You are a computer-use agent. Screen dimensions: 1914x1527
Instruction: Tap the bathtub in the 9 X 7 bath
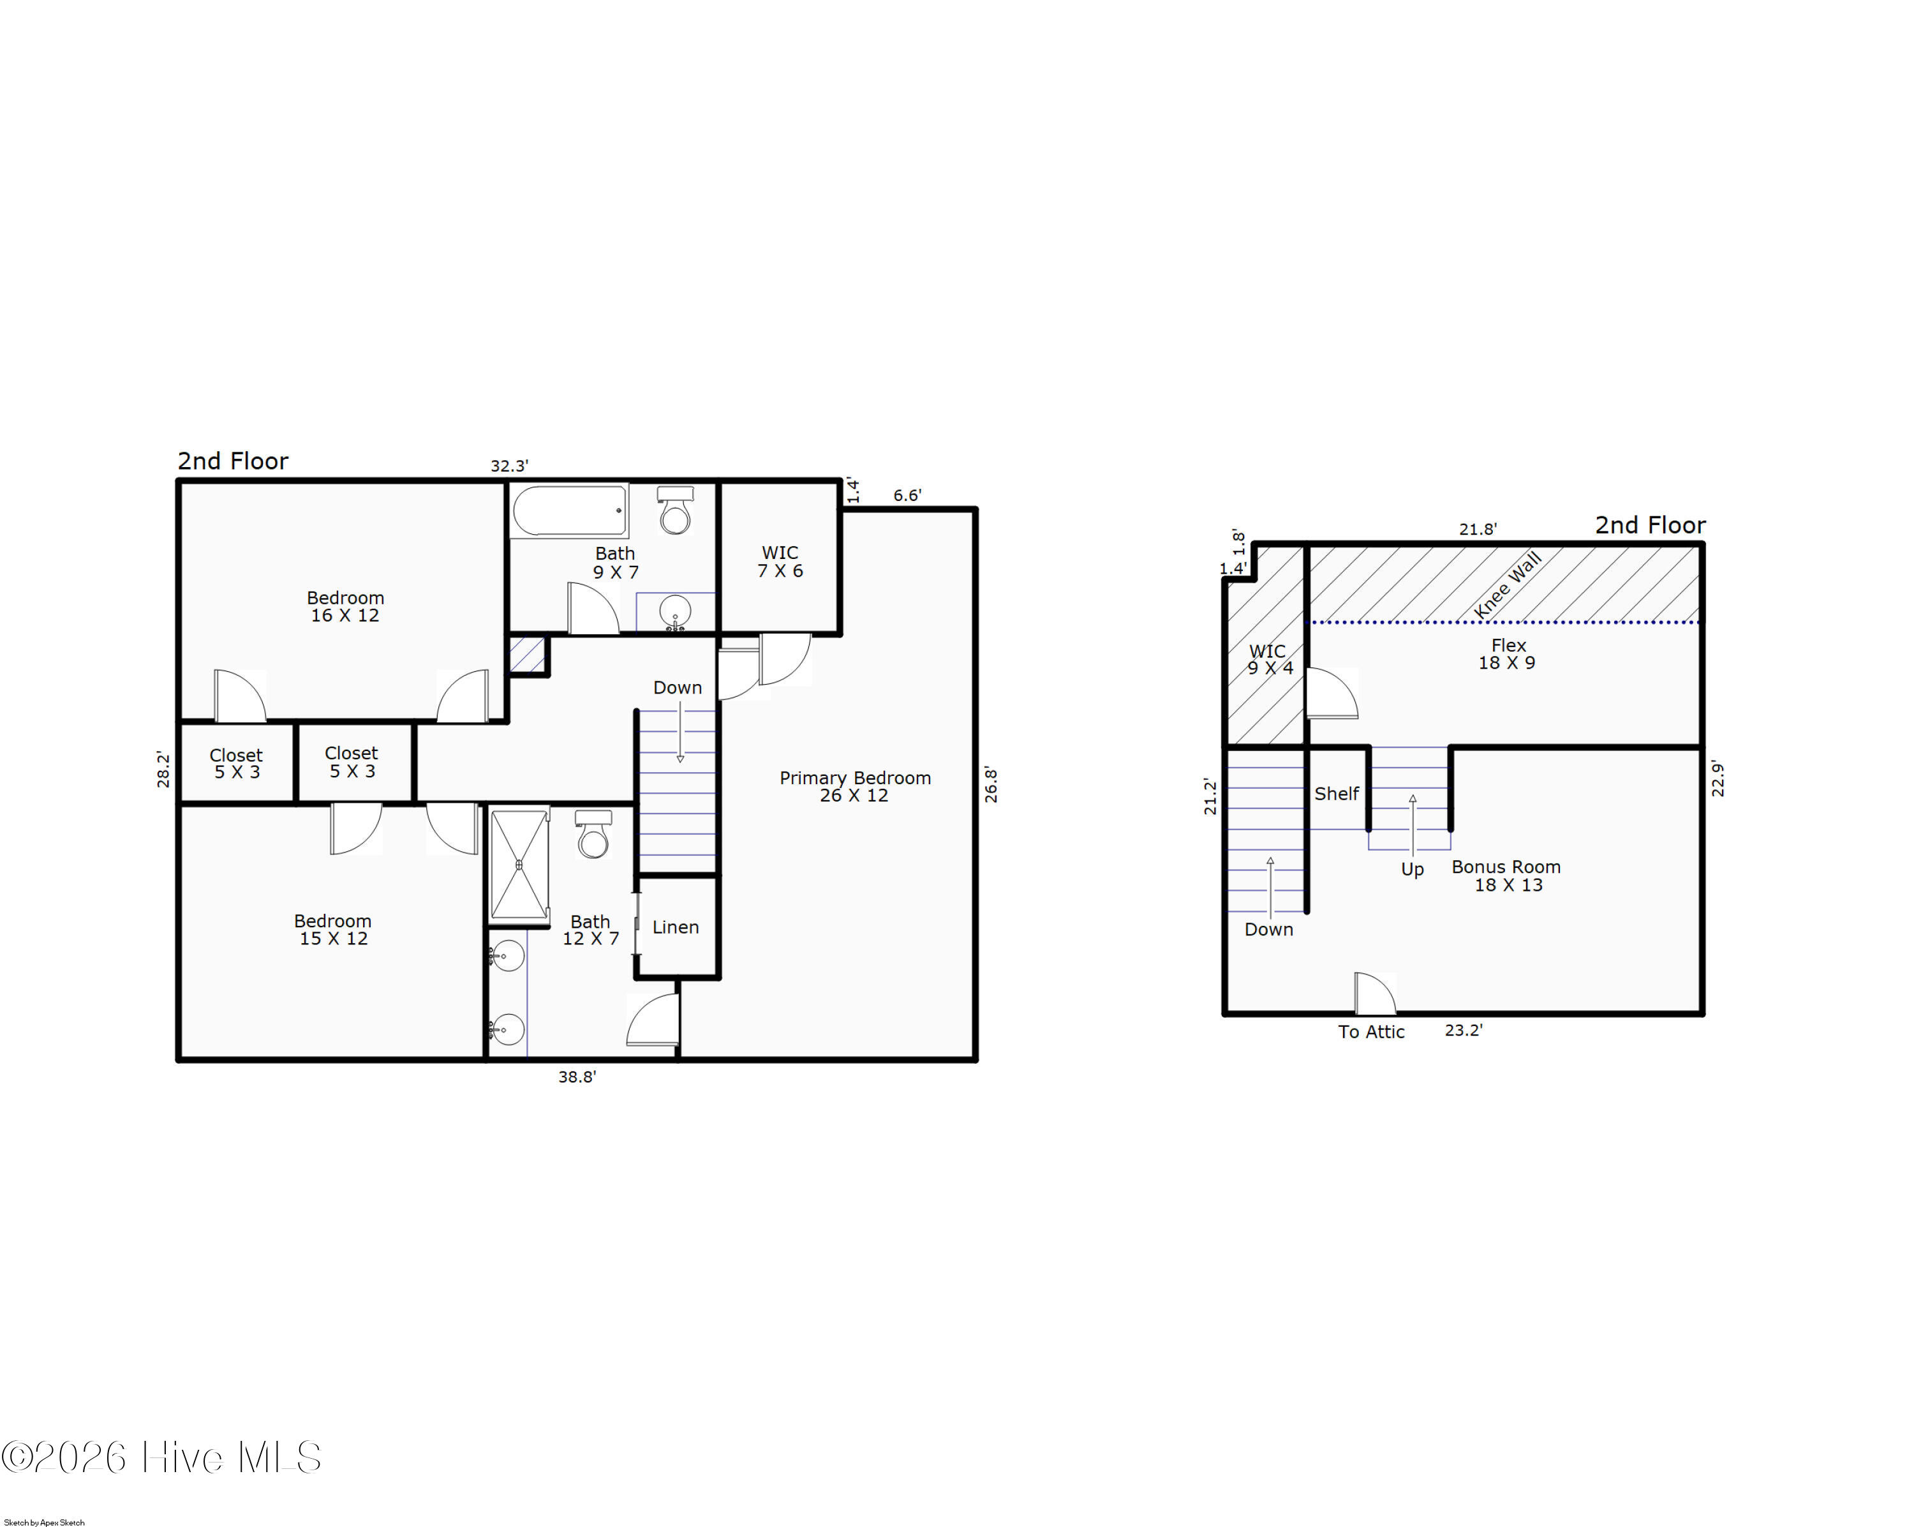569,510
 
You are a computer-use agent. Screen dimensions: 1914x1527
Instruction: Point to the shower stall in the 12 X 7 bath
519,864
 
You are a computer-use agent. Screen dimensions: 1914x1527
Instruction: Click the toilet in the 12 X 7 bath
593,833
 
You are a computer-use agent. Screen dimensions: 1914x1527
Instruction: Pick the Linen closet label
676,927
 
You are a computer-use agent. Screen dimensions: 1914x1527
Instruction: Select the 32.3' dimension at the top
510,465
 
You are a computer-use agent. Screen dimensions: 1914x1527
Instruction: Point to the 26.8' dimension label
991,786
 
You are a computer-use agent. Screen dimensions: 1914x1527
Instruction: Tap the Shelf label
1336,794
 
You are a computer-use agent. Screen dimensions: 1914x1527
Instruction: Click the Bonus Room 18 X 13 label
1506,875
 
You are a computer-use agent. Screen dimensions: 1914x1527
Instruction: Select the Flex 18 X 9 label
1508,653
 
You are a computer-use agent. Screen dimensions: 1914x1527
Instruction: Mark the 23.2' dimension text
1464,1030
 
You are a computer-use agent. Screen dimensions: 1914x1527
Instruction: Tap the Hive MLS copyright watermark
161,1457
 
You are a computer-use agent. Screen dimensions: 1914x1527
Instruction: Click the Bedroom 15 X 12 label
333,930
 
